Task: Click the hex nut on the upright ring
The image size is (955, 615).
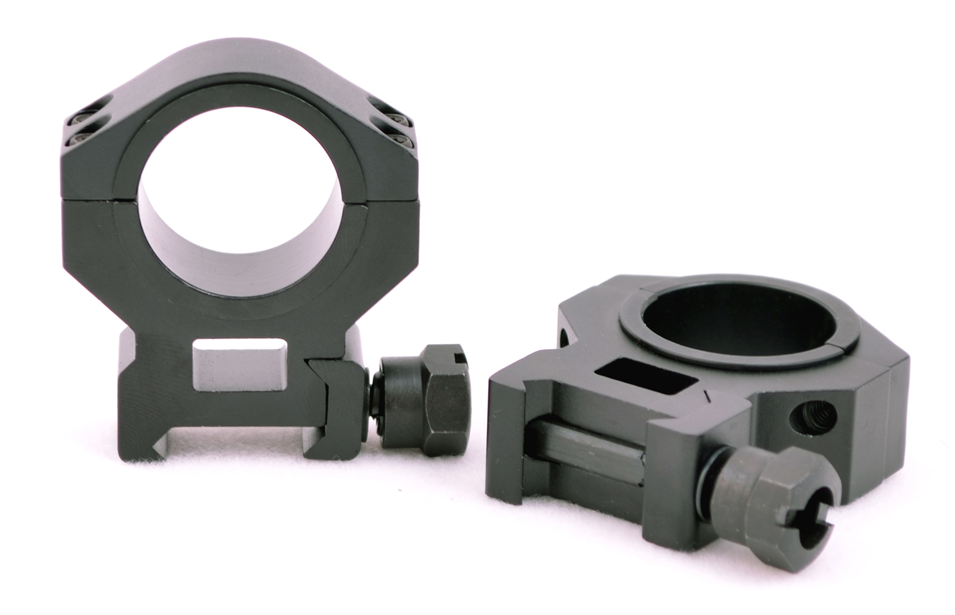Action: [x=425, y=397]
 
